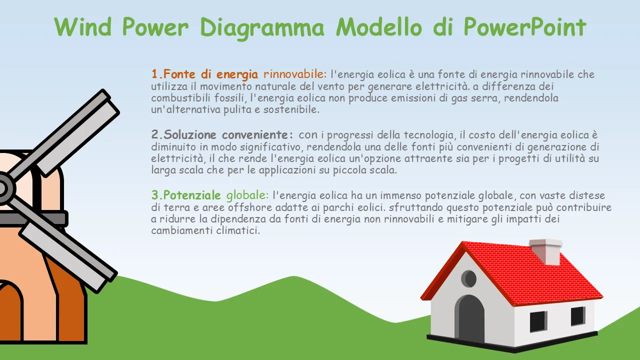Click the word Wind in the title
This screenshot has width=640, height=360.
coord(82,26)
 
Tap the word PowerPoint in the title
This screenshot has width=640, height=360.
coord(525,26)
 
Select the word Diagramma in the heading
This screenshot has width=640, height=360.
coord(262,28)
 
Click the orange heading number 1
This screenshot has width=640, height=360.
coord(157,74)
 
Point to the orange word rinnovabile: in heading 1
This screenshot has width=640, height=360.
coord(295,74)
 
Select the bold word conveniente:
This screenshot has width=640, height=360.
coord(257,134)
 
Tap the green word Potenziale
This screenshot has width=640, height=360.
coord(192,195)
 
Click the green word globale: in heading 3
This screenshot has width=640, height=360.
coord(247,195)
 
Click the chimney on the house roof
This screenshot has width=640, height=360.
coord(545,251)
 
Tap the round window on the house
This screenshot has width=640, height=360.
coord(469,278)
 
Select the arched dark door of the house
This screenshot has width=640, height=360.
coord(469,318)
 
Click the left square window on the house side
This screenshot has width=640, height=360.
coord(538,321)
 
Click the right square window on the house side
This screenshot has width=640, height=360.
coord(577,316)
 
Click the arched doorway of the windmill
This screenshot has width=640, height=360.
coord(10,311)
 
